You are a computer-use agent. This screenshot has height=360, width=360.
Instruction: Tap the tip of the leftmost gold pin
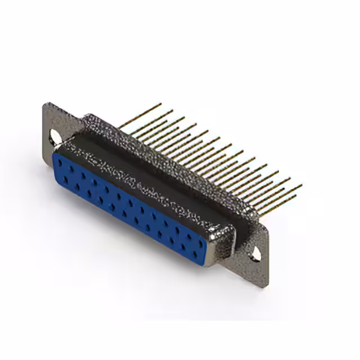point(161,104)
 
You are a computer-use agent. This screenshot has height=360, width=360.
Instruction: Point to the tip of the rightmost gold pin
point(301,185)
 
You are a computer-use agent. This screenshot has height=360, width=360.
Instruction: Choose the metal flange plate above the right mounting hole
point(260,236)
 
